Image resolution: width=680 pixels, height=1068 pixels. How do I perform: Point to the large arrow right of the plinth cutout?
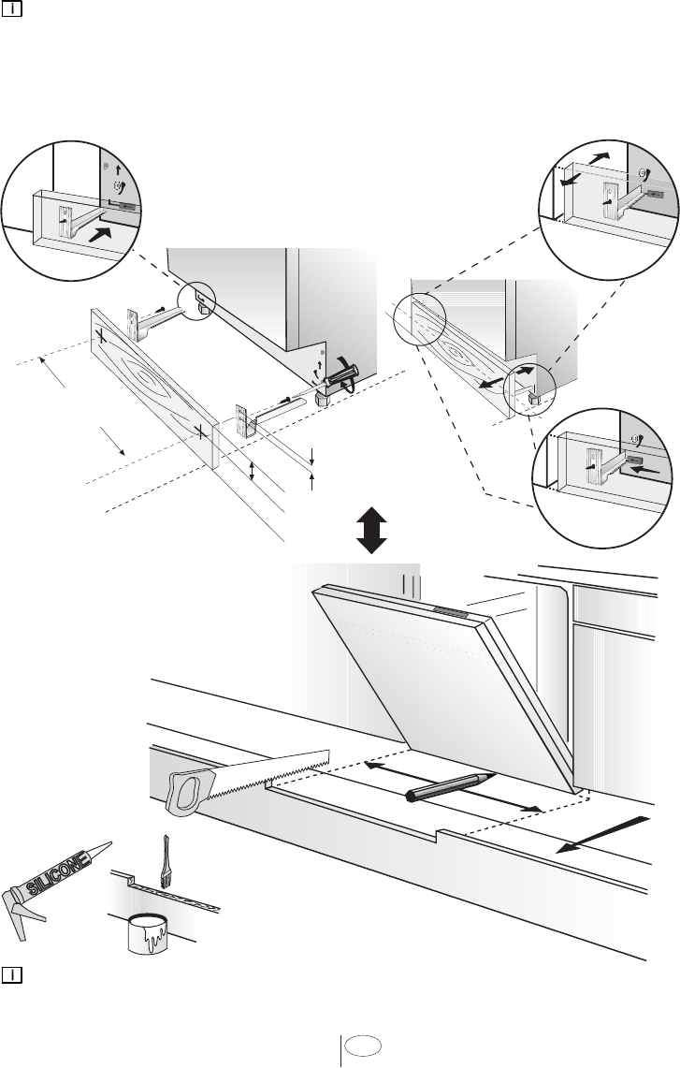coord(599,834)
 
